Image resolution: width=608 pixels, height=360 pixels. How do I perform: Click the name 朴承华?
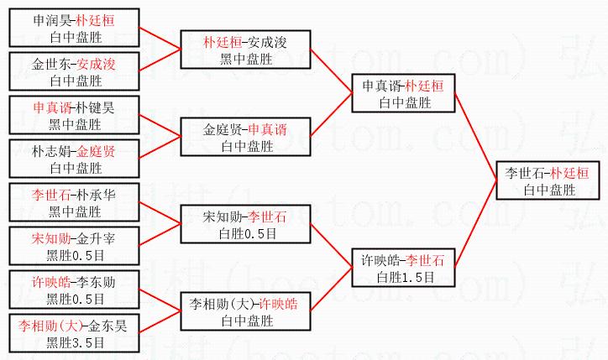[97, 195]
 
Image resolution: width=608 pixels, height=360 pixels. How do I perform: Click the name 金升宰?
[97, 238]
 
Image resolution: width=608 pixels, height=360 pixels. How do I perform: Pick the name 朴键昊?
[97, 107]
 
